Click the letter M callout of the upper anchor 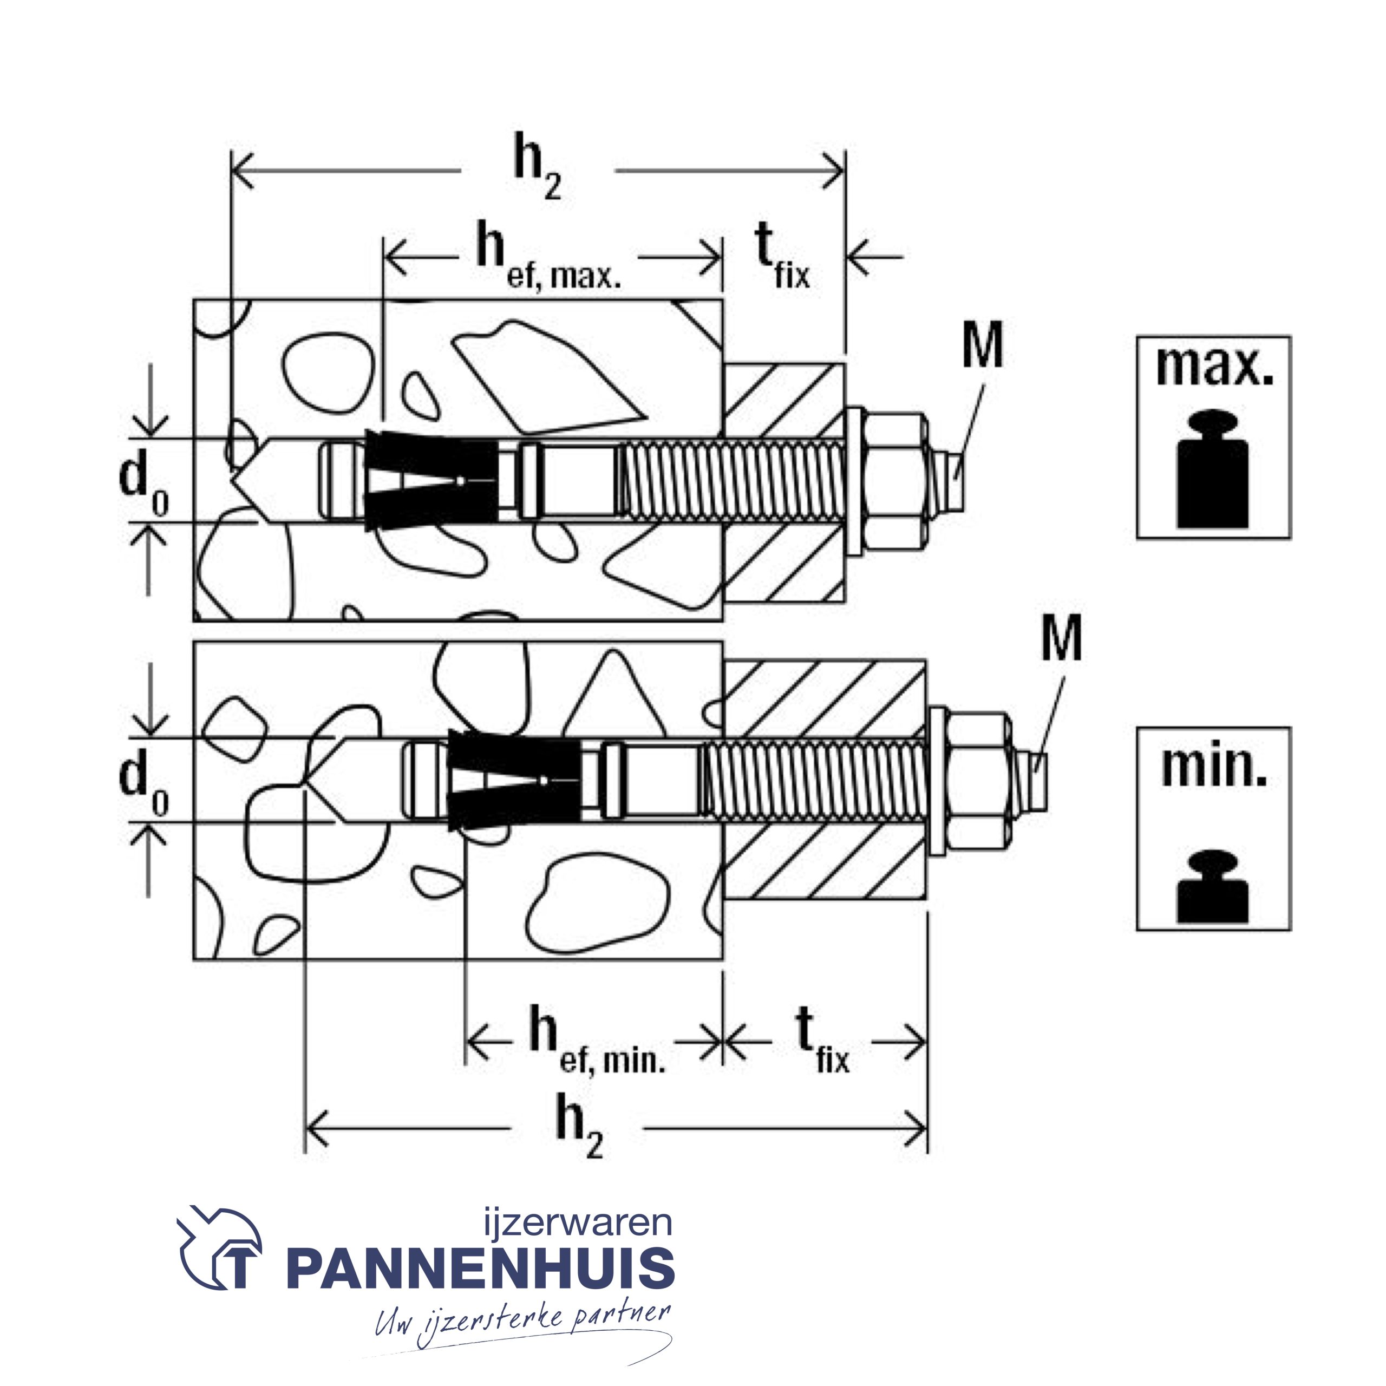pyautogui.click(x=982, y=346)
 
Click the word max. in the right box pyautogui.click(x=1214, y=367)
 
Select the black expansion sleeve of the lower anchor pyautogui.click(x=512, y=781)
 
